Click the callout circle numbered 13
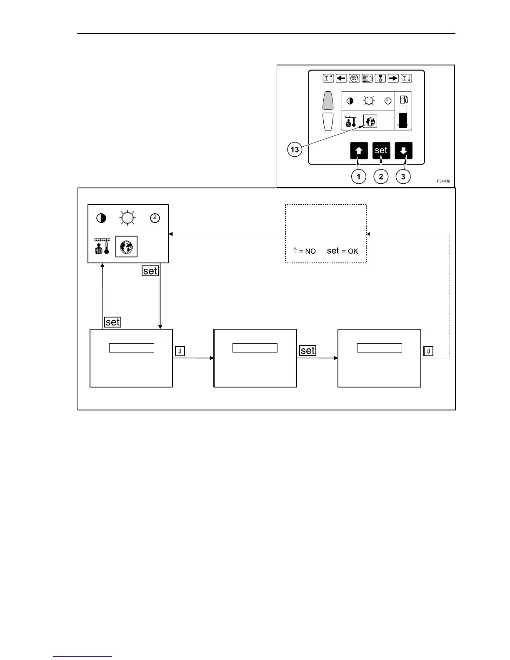click(295, 149)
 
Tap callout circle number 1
click(358, 177)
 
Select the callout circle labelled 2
click(381, 177)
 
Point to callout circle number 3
click(403, 177)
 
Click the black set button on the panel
click(381, 150)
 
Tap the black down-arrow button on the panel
click(403, 150)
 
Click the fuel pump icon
click(403, 100)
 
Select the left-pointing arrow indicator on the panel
click(341, 78)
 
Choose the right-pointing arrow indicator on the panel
click(393, 78)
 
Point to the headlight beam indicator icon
click(367, 78)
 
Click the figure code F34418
click(443, 181)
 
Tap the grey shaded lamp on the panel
click(328, 100)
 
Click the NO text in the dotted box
click(310, 251)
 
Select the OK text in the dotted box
click(353, 251)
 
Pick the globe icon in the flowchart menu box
click(126, 247)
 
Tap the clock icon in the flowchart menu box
click(155, 218)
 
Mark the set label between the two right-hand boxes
click(307, 351)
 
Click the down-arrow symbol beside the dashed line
click(428, 351)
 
